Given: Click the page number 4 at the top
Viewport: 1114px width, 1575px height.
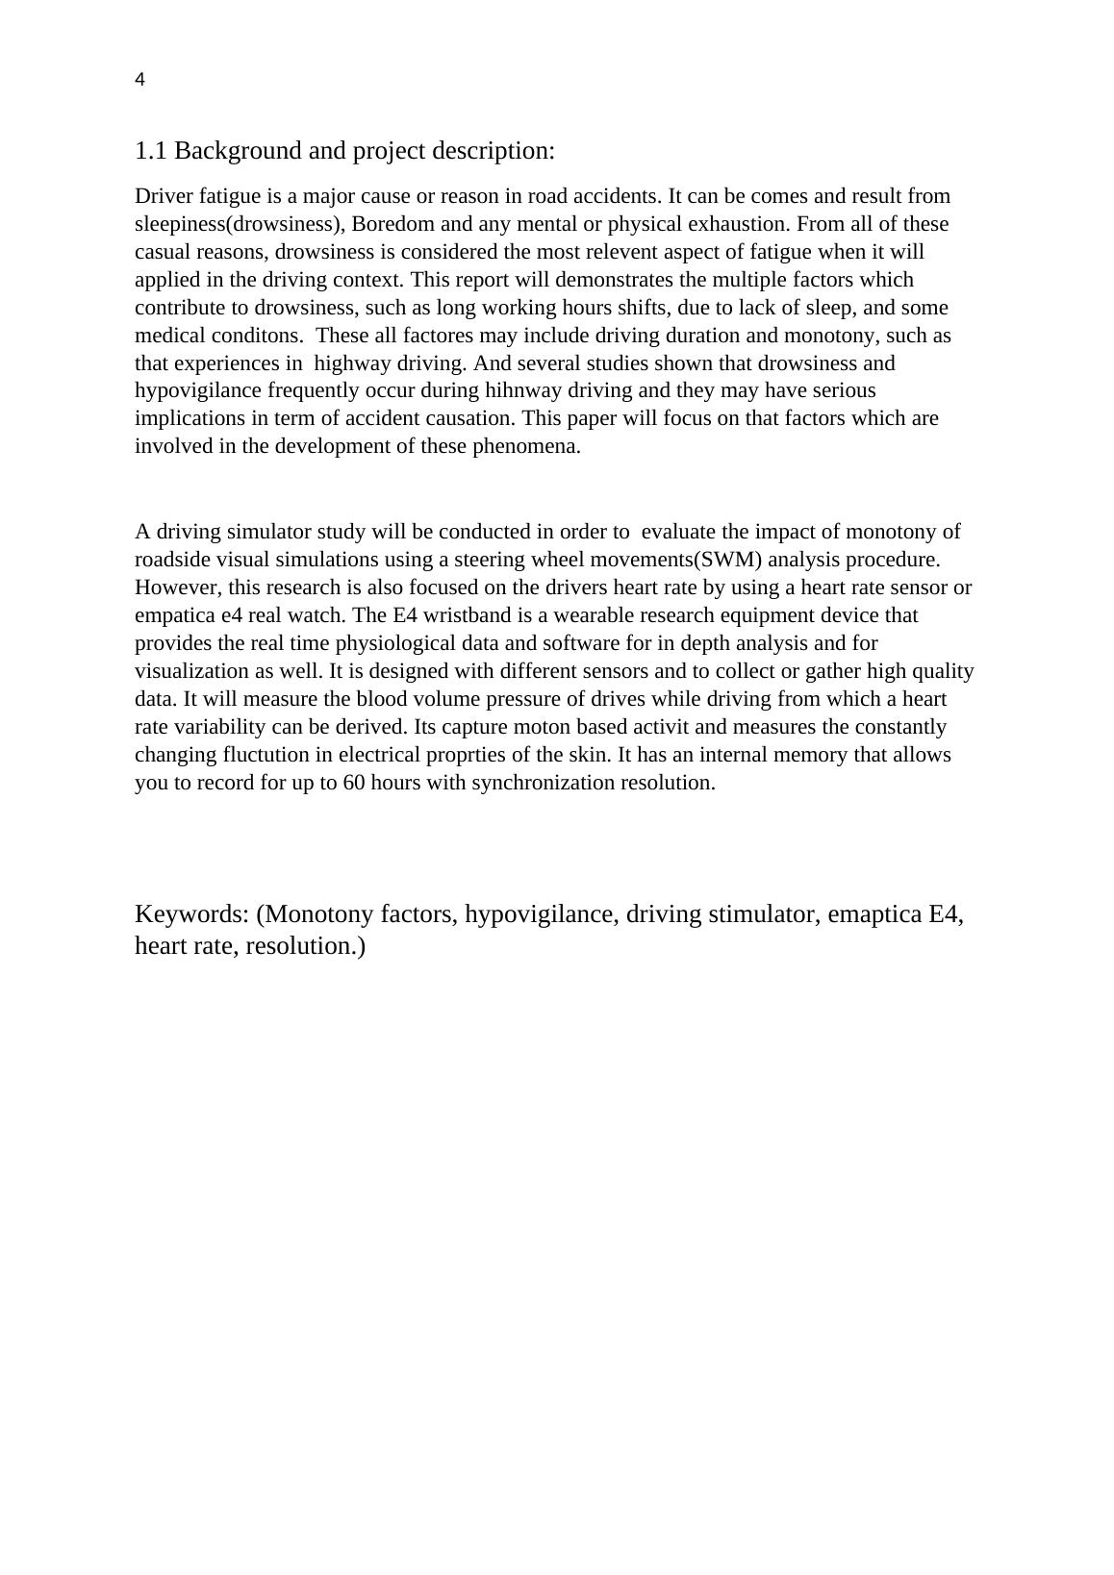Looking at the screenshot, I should (x=140, y=81).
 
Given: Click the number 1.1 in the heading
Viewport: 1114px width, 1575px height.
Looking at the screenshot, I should (x=151, y=151).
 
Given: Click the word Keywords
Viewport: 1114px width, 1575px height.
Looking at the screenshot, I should (x=191, y=913).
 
